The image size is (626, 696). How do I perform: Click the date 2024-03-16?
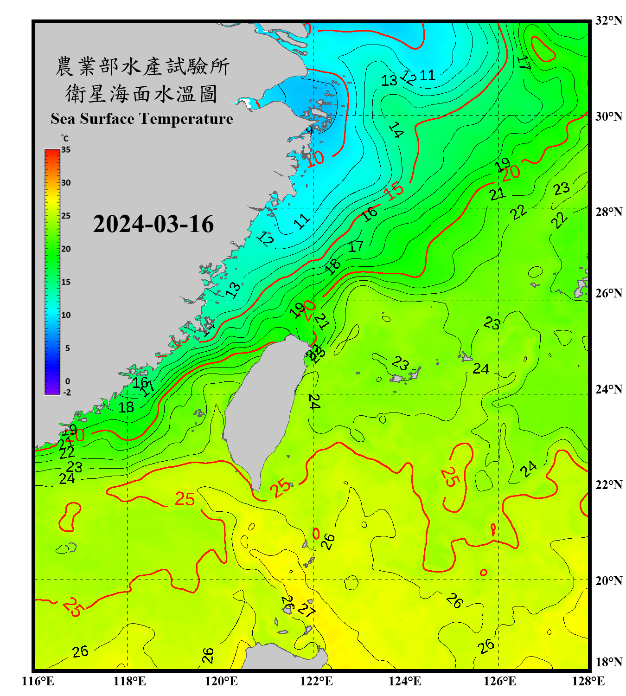click(x=153, y=224)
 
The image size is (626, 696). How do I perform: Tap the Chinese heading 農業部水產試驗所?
click(x=142, y=66)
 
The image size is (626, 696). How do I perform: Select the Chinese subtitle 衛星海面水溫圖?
click(x=141, y=94)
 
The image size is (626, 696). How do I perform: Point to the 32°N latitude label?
click(x=608, y=20)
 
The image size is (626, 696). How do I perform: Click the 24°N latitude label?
click(x=608, y=389)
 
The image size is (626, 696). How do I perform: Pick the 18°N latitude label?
click(x=608, y=662)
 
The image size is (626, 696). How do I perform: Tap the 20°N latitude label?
click(x=608, y=580)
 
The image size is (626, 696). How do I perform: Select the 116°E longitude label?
click(x=38, y=681)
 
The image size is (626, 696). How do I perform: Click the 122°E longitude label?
click(x=316, y=681)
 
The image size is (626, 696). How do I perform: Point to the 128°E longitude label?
click(x=588, y=681)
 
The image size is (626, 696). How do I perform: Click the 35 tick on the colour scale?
click(x=66, y=150)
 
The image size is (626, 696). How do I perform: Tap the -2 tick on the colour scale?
click(x=67, y=392)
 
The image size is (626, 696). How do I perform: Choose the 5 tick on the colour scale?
click(x=67, y=348)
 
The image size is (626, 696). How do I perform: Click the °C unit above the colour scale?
click(x=65, y=138)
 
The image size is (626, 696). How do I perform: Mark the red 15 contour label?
click(x=394, y=190)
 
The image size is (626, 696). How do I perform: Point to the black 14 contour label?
click(x=396, y=130)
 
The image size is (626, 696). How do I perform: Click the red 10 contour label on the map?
click(x=315, y=158)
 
